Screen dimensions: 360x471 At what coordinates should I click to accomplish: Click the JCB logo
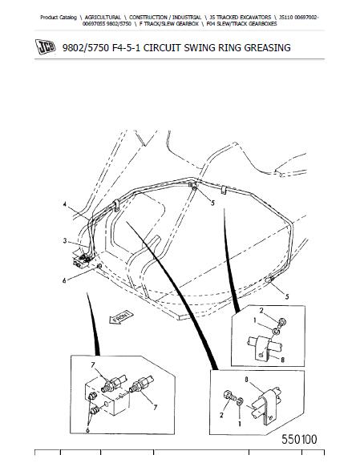pos(46,47)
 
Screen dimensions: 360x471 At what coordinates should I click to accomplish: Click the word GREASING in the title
pos(267,48)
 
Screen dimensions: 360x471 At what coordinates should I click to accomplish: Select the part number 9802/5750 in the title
pos(86,48)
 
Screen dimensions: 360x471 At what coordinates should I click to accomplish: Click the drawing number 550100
pos(299,439)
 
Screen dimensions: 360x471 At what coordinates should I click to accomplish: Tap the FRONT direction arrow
pos(121,317)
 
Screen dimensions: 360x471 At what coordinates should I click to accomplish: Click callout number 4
pos(65,204)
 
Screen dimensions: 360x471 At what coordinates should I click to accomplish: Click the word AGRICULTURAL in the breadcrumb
pos(103,18)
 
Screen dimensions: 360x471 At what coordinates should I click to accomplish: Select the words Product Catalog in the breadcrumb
pos(59,18)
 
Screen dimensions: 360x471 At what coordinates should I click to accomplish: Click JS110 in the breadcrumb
pos(285,18)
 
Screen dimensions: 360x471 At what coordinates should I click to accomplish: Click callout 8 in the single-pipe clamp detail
pos(282,359)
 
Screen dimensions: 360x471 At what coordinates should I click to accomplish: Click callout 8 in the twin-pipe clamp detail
pos(247,380)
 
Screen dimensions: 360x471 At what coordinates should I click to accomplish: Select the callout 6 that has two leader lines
pos(87,430)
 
